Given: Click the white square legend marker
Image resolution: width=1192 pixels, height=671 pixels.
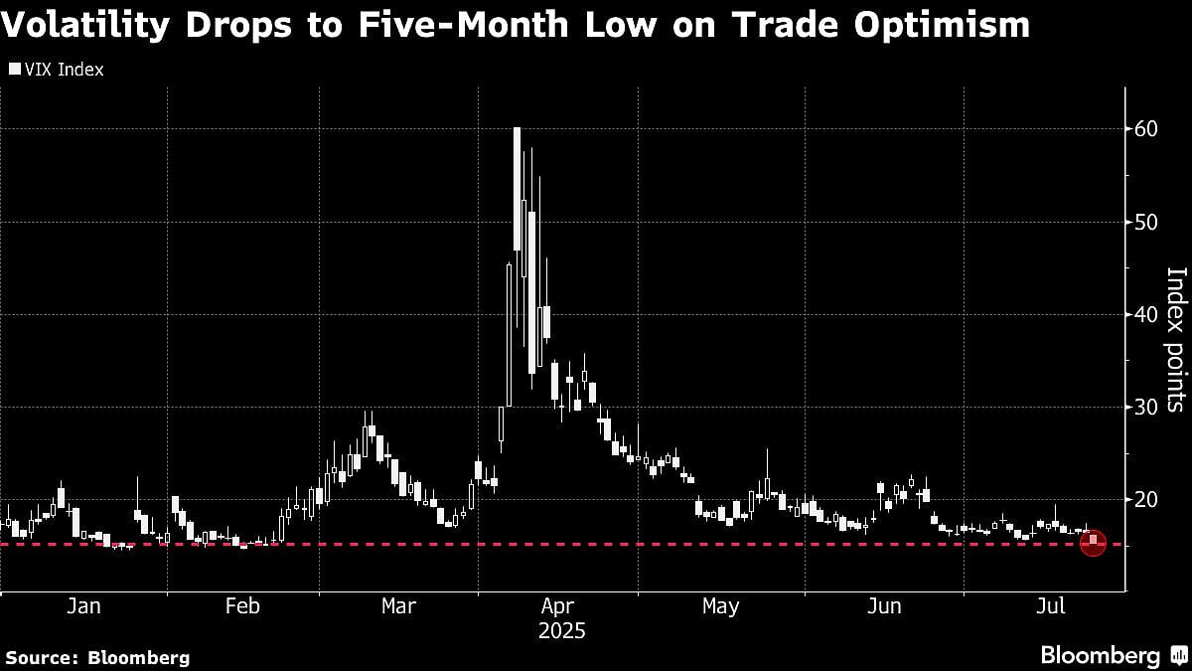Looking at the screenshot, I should (x=14, y=70).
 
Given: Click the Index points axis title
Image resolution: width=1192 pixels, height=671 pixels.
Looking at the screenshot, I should (x=1176, y=338).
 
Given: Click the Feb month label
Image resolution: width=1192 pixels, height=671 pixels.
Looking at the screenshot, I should (x=242, y=605).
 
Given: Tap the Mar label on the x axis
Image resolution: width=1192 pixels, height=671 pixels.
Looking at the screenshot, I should (x=398, y=605).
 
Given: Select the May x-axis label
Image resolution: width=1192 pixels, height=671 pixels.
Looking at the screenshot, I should (x=720, y=605).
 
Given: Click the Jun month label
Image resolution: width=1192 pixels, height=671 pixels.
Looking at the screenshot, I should (x=883, y=605).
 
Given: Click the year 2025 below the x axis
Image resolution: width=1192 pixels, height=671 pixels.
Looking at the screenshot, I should (x=562, y=631).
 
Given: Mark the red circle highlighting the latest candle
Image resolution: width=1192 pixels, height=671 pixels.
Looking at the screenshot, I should (x=1093, y=543).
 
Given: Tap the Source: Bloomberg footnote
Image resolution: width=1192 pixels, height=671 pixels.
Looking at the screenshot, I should (x=97, y=657).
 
